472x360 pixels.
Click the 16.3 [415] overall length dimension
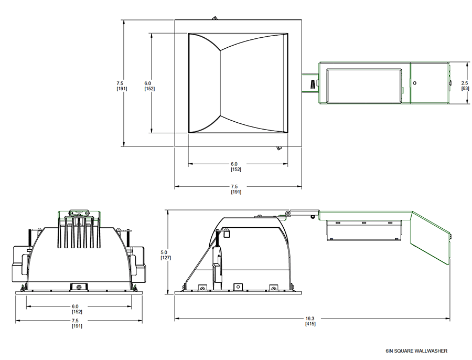coord(310,321)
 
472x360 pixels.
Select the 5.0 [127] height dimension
coord(166,255)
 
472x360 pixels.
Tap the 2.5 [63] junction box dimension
coord(465,86)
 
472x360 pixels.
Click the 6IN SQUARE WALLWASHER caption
coord(416,351)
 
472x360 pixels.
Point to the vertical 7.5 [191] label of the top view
coord(122,86)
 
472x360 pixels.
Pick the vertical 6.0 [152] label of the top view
coord(149,86)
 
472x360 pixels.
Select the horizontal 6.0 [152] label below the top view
coord(235,166)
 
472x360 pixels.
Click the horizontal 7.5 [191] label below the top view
coord(235,189)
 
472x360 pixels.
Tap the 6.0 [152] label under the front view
coord(77,309)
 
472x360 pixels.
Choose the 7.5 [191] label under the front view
coord(77,323)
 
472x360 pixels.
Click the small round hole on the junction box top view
coord(414,83)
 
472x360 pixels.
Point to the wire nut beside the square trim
coord(313,84)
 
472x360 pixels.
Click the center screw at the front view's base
coord(79,287)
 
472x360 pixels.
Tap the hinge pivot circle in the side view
coord(288,213)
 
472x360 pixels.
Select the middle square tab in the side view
coord(238,287)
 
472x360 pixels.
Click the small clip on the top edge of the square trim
coord(214,18)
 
